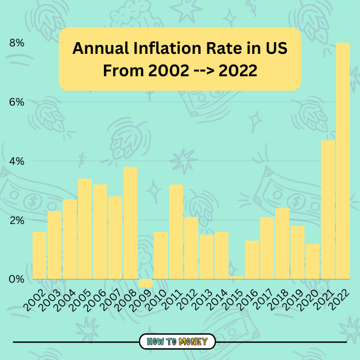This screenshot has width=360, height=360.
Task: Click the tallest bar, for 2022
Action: tap(343, 160)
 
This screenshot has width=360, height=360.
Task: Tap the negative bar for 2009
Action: tap(146, 283)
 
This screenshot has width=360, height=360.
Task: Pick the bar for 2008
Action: tap(131, 223)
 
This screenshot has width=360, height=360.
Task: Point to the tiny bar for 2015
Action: tap(237, 277)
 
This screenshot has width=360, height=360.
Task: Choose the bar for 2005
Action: tap(85, 229)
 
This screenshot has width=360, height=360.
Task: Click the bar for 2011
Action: tap(176, 231)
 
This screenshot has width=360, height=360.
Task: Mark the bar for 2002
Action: tap(39, 255)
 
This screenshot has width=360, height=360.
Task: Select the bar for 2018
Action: tap(282, 243)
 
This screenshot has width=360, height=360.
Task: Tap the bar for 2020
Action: tap(313, 261)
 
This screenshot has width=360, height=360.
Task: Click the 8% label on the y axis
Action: tap(16, 43)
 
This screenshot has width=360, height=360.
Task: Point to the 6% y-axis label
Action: tap(16, 102)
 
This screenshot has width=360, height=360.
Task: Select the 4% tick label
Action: tap(16, 161)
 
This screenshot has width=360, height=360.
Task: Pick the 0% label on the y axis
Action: tap(16, 279)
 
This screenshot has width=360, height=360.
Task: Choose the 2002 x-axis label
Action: tap(34, 299)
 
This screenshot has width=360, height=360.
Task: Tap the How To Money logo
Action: tap(177, 341)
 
